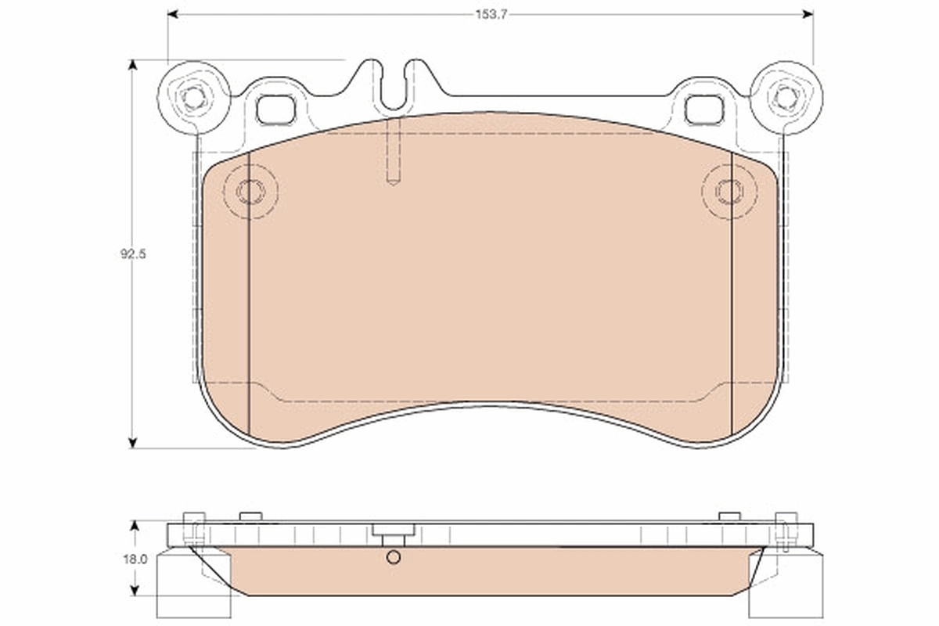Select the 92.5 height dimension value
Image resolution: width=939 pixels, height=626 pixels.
coord(134,254)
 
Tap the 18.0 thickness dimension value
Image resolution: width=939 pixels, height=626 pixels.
coord(135,559)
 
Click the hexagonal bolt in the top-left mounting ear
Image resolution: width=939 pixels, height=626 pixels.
coord(193,98)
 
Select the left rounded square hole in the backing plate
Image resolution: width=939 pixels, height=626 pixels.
coord(276,110)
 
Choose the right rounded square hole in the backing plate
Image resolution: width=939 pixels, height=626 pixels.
coord(704,110)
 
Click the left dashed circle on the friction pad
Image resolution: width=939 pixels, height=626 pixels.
coord(250,191)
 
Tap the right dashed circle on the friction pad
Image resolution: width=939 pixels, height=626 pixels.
coord(729,191)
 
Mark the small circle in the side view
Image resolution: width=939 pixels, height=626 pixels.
coord(394,557)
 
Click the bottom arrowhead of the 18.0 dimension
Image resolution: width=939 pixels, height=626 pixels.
coord(135,592)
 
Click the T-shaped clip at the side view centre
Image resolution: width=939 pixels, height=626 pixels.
coord(394,534)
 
